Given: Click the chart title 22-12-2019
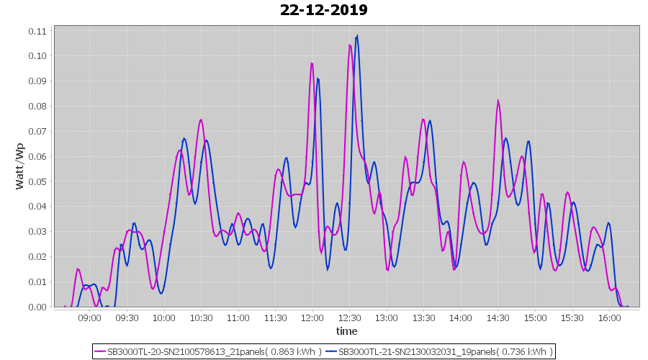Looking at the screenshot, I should pos(324,10).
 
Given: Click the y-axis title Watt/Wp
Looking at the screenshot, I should pos(20,166).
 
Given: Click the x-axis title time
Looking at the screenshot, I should pos(346,331).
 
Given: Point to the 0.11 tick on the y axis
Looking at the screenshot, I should pos(37,31).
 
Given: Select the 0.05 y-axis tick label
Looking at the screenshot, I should pos(37,181).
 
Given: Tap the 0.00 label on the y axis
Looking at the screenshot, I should pos(37,307).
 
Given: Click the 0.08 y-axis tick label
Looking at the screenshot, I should pos(37,106).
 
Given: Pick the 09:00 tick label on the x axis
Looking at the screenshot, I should pos(90,318).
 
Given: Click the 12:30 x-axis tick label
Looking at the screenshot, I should pos(349,318).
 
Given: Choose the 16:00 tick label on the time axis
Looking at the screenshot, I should pos(609,318).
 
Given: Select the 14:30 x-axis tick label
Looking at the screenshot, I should pos(498,318).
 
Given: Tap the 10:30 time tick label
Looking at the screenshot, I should pos(201,318).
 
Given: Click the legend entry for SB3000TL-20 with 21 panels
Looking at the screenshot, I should pos(209,351).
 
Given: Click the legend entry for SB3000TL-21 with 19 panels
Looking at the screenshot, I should pos(440,351).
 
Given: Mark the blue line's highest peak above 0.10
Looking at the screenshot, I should pos(356,36).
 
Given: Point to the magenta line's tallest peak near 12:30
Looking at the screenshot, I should pos(349,45).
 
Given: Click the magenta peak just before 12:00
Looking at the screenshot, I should pos(312,63).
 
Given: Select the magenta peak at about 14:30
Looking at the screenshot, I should pos(498,101).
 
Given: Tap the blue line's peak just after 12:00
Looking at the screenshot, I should pos(318,78).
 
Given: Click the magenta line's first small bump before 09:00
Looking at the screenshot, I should pos(78,269).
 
